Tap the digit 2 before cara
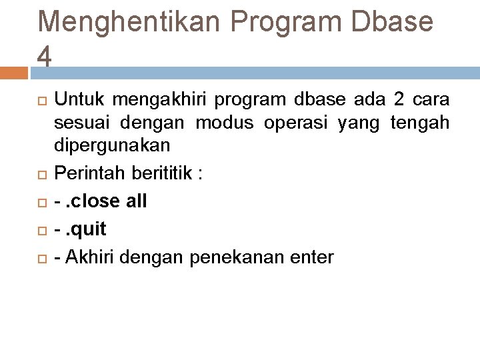pyautogui.click(x=399, y=100)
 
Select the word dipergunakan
pyautogui.click(x=112, y=145)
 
